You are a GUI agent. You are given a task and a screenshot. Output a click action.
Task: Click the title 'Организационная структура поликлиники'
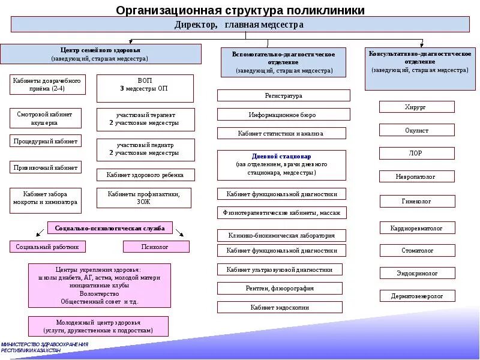tap(239, 10)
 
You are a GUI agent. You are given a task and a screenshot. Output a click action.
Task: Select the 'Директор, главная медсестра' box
tap(239, 25)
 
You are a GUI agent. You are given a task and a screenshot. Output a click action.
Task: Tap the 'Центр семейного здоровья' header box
tap(100, 53)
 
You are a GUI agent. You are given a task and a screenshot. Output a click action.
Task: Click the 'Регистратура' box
tap(283, 95)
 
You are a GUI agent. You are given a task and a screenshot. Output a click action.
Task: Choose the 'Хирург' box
tap(416, 107)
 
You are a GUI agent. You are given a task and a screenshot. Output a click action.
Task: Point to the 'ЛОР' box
tap(416, 153)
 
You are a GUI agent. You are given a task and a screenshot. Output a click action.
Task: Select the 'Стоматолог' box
tap(416, 250)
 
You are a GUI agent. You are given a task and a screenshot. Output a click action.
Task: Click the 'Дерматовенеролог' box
tap(416, 296)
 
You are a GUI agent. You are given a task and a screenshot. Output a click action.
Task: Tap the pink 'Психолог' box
tap(156, 247)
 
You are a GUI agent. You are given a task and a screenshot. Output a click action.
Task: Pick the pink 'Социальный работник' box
tap(47, 247)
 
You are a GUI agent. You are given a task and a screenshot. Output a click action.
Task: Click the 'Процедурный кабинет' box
tap(46, 142)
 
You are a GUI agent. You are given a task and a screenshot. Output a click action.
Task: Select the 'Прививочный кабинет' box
tap(46, 167)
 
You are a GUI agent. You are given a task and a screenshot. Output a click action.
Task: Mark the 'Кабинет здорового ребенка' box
tap(146, 175)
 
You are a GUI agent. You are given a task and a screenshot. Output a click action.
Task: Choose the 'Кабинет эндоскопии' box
tap(280, 307)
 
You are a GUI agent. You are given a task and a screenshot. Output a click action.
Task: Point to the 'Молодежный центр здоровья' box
tap(98, 326)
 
